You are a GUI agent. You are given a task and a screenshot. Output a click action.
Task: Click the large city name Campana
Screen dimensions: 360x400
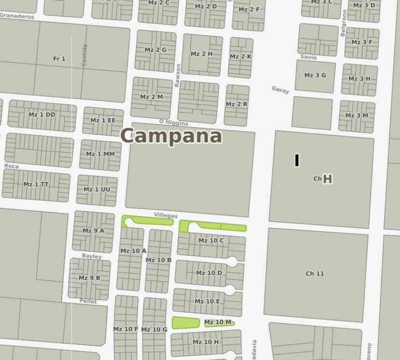coord(171,136)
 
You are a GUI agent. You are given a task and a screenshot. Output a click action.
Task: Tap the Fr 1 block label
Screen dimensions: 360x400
coord(59,59)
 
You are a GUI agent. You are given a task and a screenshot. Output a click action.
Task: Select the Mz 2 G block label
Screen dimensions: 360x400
coord(155,50)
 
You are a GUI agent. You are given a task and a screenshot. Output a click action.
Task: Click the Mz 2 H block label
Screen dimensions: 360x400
coord(201,54)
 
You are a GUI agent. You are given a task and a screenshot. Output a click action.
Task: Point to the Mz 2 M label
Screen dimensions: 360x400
coord(151,97)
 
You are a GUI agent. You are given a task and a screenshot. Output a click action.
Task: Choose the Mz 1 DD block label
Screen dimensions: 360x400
coord(42,115)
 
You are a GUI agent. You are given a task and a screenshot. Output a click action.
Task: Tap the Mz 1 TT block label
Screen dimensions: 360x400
coord(36,184)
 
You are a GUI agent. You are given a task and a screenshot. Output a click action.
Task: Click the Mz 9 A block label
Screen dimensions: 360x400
coord(93,230)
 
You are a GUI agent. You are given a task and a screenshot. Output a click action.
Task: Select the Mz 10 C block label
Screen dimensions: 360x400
coord(211,240)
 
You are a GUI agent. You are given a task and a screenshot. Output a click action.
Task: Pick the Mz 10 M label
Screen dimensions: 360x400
coord(218,322)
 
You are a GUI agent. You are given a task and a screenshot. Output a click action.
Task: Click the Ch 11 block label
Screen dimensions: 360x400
coord(314,274)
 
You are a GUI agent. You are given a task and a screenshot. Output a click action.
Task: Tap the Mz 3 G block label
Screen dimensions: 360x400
coord(315,75)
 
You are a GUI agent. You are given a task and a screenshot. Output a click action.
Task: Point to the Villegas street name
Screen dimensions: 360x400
coord(166,215)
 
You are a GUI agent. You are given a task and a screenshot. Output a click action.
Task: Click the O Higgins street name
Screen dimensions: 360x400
coord(173,123)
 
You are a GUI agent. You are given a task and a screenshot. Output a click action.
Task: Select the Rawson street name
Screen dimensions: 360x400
coord(178,75)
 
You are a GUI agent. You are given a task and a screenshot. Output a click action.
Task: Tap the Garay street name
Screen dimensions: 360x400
coord(280,89)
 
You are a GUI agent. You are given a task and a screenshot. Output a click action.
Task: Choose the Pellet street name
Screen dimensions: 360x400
coord(88,301)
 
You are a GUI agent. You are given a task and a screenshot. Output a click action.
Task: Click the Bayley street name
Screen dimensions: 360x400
coord(91,256)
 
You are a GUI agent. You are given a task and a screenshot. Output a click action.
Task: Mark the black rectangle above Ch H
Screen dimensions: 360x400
coord(297,160)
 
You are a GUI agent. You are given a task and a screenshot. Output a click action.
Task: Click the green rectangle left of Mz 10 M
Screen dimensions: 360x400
coord(186,322)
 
